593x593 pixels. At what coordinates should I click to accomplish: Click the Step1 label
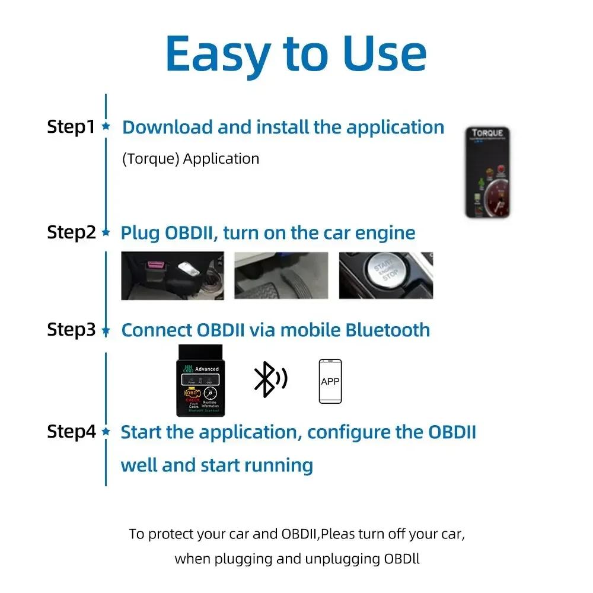[71, 127]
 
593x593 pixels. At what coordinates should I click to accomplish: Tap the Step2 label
[71, 232]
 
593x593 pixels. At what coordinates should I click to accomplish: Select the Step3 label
[71, 330]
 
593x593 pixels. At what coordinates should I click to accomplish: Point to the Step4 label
[71, 432]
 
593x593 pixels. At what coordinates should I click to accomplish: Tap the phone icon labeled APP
[330, 381]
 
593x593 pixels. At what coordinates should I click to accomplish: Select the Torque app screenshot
[487, 172]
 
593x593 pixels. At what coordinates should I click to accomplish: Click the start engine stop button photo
[385, 276]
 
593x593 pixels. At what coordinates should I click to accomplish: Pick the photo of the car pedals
[281, 276]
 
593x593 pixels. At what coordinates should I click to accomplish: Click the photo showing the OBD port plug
[173, 276]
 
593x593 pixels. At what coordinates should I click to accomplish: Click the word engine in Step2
[385, 232]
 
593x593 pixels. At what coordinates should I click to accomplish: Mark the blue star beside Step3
[106, 330]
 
